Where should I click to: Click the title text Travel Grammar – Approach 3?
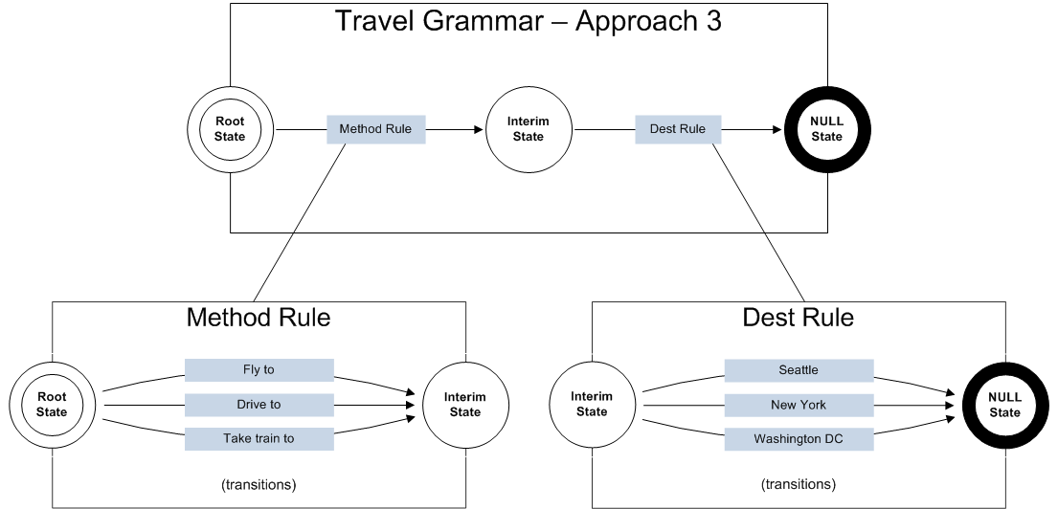pos(528,21)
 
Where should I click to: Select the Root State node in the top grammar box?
pos(230,129)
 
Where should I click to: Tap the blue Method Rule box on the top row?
pos(375,129)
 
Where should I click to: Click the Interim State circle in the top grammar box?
pos(528,129)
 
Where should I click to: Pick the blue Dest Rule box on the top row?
pos(678,129)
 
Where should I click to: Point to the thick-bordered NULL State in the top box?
pos(826,129)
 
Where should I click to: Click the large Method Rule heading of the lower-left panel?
pos(259,318)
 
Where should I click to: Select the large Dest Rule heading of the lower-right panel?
pos(798,318)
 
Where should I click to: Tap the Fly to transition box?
pos(259,370)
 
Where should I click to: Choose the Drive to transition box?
pos(259,405)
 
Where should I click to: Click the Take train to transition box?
pos(259,439)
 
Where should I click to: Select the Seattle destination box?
pos(799,370)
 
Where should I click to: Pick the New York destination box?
pos(799,405)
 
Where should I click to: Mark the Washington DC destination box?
pos(799,439)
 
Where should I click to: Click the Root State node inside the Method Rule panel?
pos(52,405)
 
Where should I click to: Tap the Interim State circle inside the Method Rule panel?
pos(465,405)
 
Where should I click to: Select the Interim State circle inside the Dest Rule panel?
pos(592,405)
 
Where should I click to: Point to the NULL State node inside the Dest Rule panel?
pos(1005,405)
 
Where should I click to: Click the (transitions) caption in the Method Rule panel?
pos(259,484)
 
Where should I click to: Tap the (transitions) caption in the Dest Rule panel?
pos(799,484)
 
